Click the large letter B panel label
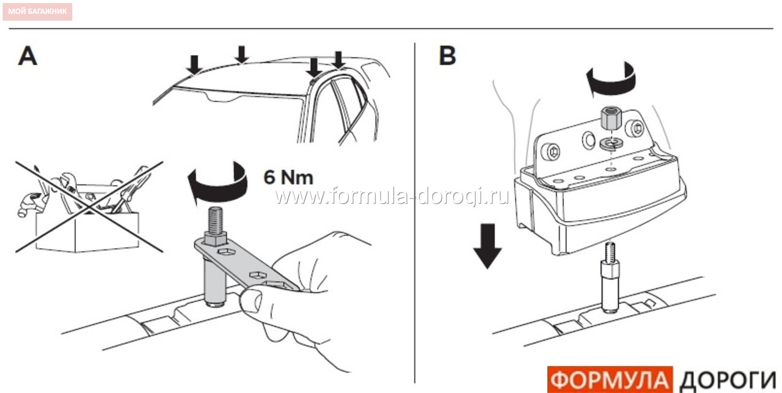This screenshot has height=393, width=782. pos(447,56)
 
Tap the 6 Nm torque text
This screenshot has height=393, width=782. pos(288,177)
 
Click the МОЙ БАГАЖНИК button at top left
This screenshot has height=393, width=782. pos(37,12)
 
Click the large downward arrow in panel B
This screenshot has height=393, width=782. pos(488,246)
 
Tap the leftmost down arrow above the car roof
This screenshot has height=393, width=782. pos(194,65)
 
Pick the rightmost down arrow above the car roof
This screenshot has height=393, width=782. pos(338,60)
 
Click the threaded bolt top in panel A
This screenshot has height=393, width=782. pos(216,220)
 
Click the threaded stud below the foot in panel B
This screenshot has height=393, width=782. pos(610,277)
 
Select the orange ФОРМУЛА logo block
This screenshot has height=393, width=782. pos(610,380)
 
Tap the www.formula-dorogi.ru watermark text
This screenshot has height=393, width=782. pos(392,196)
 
